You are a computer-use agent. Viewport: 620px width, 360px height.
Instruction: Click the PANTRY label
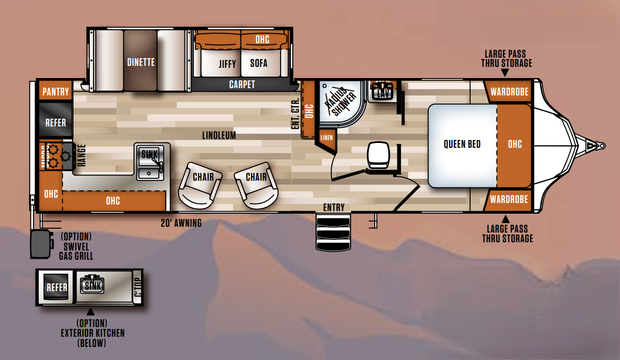(x=56, y=92)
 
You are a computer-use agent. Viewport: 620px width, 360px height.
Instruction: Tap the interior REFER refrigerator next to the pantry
(x=55, y=122)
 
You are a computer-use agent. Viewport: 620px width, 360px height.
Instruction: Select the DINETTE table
(x=141, y=62)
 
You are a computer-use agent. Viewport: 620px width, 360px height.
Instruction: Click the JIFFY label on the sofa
(x=227, y=63)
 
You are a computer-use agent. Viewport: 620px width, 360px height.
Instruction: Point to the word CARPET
(x=242, y=85)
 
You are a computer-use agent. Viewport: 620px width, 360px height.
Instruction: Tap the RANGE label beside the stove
(x=80, y=156)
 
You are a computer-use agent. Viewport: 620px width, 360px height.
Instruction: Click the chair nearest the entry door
(x=255, y=184)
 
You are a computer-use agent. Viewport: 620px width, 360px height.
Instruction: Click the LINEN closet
(x=327, y=138)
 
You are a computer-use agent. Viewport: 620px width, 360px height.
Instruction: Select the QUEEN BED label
(x=462, y=144)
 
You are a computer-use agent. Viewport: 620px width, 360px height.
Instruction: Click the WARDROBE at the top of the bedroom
(x=509, y=92)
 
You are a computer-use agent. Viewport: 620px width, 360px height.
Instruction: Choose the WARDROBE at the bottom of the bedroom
(x=509, y=199)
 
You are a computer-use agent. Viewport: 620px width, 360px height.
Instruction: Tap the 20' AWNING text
(x=181, y=223)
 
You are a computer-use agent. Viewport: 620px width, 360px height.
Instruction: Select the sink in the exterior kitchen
(x=93, y=286)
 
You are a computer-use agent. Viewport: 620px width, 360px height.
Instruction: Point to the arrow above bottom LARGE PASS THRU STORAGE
(x=505, y=219)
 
